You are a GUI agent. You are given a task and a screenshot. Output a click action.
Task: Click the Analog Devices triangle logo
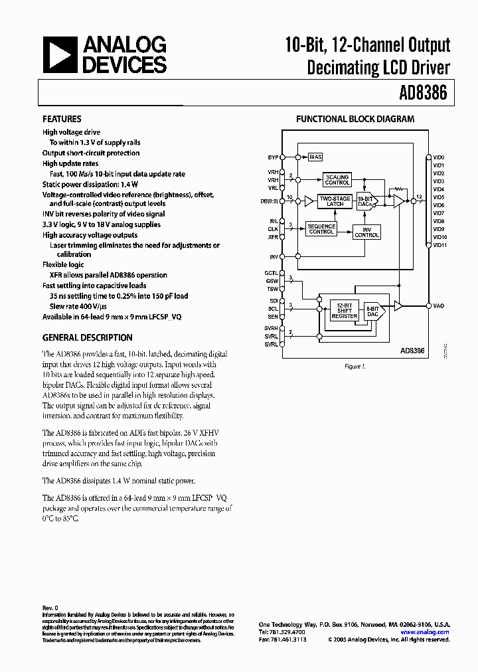pos(60,54)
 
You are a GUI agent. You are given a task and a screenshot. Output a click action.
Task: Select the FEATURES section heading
pos(62,119)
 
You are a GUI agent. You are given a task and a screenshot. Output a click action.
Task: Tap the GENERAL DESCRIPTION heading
pos(87,337)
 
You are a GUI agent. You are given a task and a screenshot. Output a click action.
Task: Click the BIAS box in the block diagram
pos(315,157)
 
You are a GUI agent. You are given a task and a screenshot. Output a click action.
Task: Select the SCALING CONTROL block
pos(337,179)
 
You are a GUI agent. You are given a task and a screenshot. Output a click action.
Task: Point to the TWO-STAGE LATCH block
pos(335,201)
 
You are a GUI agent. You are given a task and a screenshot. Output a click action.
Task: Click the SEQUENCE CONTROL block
pos(321,229)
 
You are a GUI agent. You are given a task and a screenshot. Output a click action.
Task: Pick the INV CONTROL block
pos(366,231)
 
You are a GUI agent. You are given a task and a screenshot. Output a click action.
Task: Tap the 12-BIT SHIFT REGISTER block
pos(344,309)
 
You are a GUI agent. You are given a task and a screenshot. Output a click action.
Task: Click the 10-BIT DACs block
pos(365,201)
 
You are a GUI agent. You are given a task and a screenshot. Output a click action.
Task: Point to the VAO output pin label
pos(438,305)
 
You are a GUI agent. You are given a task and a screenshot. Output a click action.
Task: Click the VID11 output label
pos(439,245)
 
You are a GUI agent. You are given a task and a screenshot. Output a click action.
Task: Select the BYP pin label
pos(273,157)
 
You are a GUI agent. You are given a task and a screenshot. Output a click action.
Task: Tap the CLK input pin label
pos(273,229)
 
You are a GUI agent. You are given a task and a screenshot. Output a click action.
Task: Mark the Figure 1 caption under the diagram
pos(354,366)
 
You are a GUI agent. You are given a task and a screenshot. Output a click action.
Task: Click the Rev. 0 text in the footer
pos(50,608)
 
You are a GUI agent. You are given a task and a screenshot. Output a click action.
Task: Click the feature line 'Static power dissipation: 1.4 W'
pos(90,184)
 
